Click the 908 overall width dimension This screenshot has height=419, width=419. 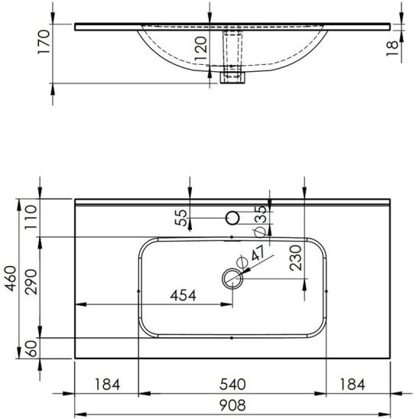232,405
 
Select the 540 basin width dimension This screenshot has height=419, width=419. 232,385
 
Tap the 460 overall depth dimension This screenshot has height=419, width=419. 11,278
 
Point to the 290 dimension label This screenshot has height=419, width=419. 31,281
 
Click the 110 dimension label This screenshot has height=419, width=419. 31,216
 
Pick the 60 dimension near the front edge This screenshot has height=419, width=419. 32,349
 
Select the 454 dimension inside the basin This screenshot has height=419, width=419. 183,296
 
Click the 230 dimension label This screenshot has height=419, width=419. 296,258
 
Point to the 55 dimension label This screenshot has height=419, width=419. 180,217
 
